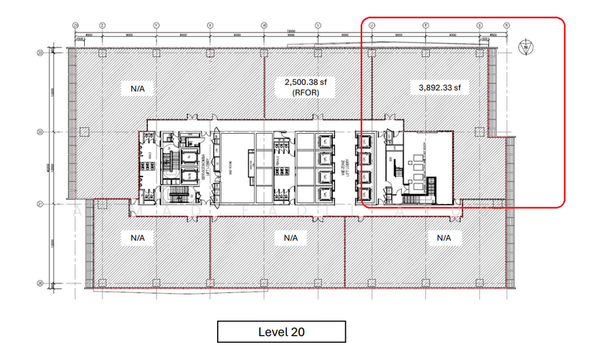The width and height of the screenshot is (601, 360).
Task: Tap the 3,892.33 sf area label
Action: [439, 87]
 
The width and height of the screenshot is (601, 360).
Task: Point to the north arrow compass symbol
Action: [527, 47]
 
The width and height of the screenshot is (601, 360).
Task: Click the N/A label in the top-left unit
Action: [137, 88]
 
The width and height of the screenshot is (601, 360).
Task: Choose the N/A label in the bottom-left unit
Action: [137, 237]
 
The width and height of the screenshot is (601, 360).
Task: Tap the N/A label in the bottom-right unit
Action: [443, 237]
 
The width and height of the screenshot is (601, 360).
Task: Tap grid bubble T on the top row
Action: [426, 25]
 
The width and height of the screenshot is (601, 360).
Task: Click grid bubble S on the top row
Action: [479, 25]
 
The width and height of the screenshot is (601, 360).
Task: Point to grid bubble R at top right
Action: [506, 25]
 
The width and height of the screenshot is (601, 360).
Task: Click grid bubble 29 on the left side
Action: [40, 53]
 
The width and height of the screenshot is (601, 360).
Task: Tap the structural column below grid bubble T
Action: [426, 52]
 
